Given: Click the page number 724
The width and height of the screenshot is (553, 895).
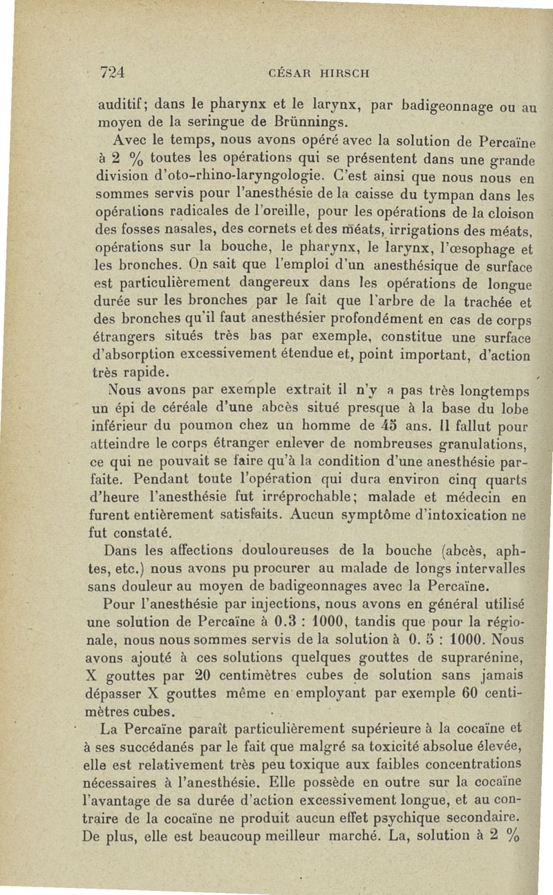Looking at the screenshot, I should point(111,71).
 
